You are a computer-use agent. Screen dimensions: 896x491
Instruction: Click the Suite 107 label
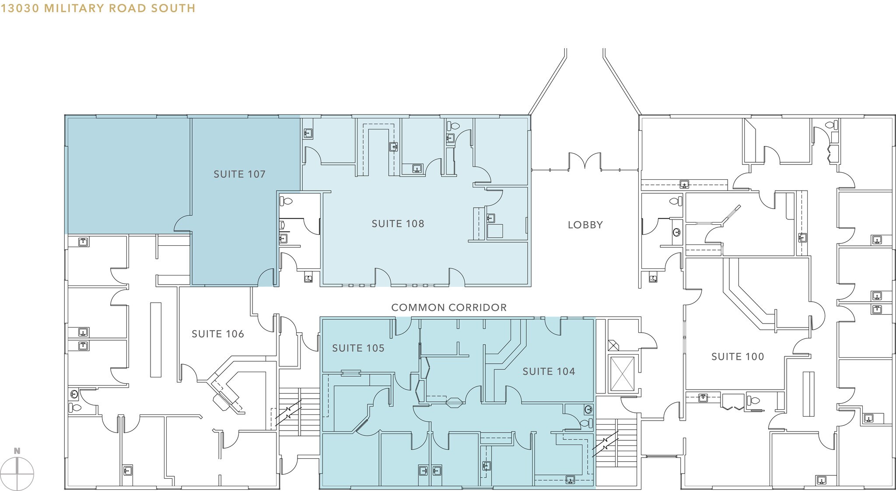tap(239, 174)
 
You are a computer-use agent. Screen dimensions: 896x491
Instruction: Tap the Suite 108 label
tap(398, 223)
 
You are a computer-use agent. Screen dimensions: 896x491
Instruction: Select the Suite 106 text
tap(218, 334)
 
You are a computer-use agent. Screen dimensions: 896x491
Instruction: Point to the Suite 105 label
tap(358, 348)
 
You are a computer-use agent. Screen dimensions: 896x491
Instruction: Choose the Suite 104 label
tap(549, 371)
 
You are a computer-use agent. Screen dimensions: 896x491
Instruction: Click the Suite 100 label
tap(738, 356)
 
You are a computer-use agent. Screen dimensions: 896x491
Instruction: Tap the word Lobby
tap(585, 225)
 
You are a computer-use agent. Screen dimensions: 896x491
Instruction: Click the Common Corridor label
tap(449, 307)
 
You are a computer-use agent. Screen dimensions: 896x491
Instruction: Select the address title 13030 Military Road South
tap(98, 8)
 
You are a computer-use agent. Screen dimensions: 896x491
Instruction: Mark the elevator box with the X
tap(622, 374)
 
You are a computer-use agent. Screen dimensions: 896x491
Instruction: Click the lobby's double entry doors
tap(585, 161)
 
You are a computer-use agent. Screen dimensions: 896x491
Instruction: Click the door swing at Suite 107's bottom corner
tap(266, 277)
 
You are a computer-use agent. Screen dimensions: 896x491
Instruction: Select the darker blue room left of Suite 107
tap(127, 175)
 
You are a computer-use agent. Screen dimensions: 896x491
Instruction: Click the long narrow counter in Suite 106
tap(155, 339)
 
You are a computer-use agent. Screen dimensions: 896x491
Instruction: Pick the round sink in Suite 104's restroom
tap(588, 410)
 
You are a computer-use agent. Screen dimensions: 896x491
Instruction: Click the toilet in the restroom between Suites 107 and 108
tap(286, 202)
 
